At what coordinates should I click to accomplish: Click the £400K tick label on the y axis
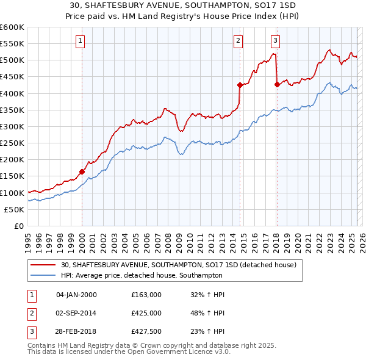(x=12, y=93)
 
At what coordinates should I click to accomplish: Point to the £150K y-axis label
(x=12, y=176)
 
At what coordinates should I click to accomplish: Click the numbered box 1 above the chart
(x=81, y=41)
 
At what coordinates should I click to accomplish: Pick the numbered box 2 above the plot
(x=238, y=41)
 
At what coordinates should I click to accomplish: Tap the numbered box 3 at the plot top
(x=275, y=41)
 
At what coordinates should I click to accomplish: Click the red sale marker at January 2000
(x=82, y=171)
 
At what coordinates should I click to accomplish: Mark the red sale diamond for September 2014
(x=240, y=85)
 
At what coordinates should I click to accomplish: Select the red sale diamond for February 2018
(x=277, y=84)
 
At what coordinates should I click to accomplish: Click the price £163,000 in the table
(x=146, y=295)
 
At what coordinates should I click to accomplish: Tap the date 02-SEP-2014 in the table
(x=77, y=313)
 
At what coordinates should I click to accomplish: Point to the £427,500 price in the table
(x=146, y=332)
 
